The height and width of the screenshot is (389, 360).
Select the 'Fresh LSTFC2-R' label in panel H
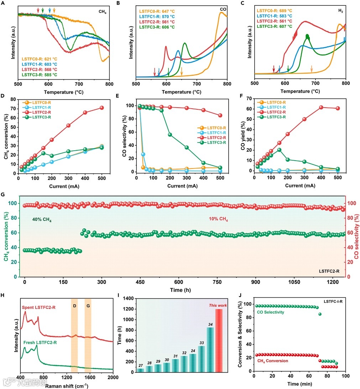(41, 343)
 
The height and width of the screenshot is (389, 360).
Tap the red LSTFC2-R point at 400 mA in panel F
(321, 107)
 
